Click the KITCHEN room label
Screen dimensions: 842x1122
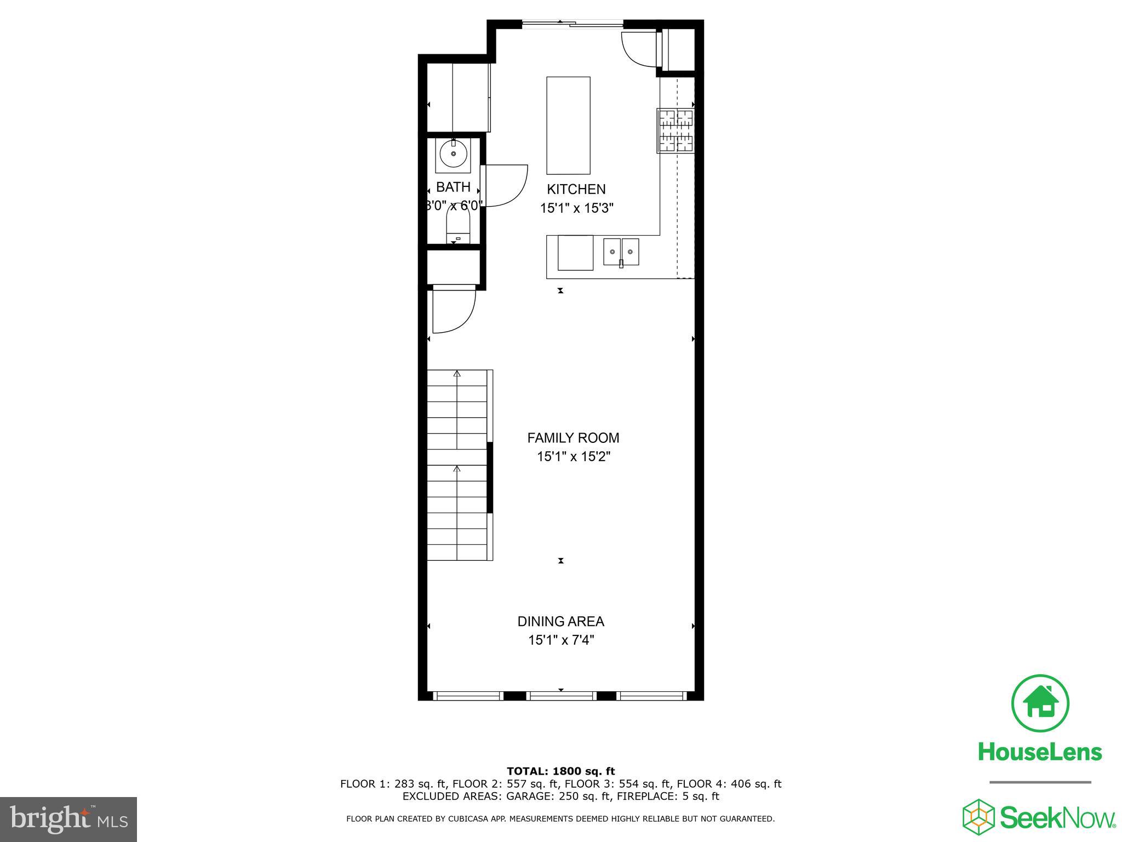coord(576,189)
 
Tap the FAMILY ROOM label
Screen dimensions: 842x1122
coord(573,438)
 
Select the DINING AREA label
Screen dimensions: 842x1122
coord(560,622)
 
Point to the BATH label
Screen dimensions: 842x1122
coord(453,187)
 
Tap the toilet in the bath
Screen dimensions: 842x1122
coord(458,227)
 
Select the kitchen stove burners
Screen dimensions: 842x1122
coord(676,130)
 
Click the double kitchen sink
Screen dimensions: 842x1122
coord(621,252)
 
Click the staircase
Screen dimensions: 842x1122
coord(457,465)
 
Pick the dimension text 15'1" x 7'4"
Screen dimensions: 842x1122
coord(560,640)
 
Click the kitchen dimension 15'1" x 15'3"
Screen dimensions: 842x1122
coord(576,208)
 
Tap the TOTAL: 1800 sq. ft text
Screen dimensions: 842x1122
coord(560,771)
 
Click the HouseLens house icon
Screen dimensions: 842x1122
coord(1039,703)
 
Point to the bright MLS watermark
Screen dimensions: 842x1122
coord(68,820)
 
